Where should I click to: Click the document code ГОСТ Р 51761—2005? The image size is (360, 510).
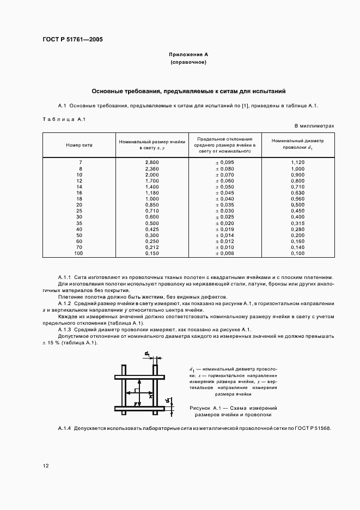[72, 40]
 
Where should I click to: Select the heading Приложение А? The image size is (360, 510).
[188, 55]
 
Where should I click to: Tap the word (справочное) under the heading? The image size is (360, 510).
[188, 63]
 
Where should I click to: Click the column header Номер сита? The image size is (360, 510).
[80, 145]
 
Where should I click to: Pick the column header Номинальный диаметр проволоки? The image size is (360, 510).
[297, 143]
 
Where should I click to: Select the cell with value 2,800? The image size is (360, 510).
[152, 163]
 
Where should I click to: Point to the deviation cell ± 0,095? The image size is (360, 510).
[225, 163]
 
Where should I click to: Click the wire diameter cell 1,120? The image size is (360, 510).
[297, 163]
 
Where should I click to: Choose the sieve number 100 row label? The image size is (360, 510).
[80, 253]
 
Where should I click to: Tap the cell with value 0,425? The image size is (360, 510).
[152, 229]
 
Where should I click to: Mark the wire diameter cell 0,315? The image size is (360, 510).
[297, 223]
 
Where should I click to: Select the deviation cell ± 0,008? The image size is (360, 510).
[225, 253]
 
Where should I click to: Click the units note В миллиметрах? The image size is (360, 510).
[314, 126]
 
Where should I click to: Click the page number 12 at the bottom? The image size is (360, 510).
[46, 466]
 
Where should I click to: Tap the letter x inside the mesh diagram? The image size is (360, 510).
[150, 397]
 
